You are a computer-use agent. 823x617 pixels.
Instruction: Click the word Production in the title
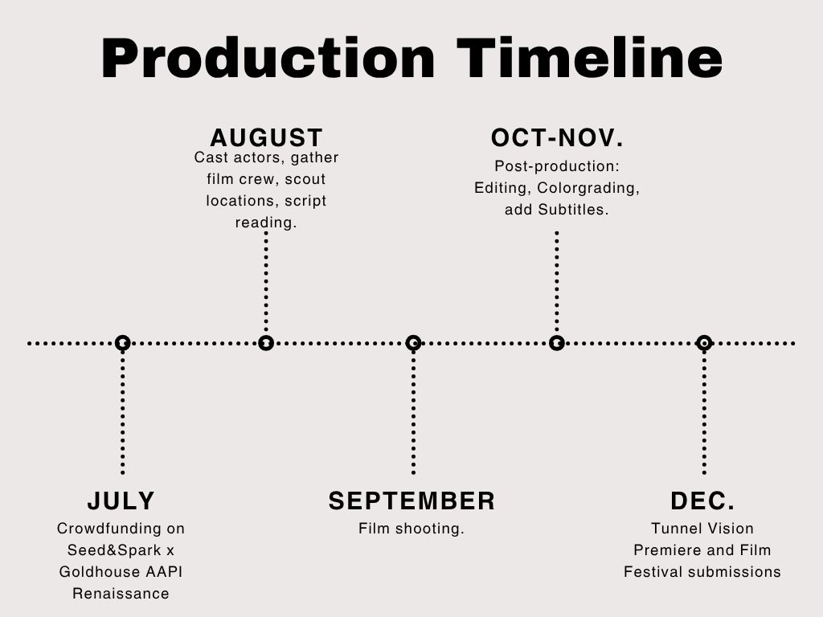tap(268, 58)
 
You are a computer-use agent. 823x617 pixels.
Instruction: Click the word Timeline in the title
tap(589, 58)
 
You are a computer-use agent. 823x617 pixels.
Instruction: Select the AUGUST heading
tap(266, 138)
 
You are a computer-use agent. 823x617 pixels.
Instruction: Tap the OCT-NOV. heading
tap(557, 138)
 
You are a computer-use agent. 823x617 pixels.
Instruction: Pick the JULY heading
tap(121, 501)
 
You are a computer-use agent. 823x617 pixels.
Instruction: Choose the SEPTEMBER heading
tap(412, 501)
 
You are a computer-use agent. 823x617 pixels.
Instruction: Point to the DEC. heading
tap(702, 501)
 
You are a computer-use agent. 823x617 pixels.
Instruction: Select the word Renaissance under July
tap(121, 594)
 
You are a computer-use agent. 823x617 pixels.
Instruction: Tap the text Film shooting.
tap(411, 529)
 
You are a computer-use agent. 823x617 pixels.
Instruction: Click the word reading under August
tap(266, 223)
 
